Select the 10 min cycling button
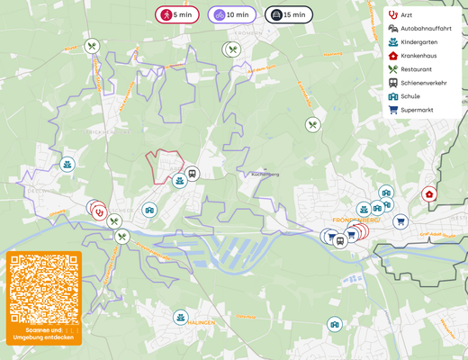(232, 15)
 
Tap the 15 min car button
(288, 15)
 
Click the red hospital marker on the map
(429, 193)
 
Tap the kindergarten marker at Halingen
(181, 318)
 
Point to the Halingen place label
(202, 322)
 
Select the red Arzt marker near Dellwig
(99, 211)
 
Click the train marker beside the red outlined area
(192, 174)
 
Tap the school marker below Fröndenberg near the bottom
(335, 324)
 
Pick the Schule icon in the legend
(393, 96)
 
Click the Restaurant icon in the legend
(393, 69)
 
